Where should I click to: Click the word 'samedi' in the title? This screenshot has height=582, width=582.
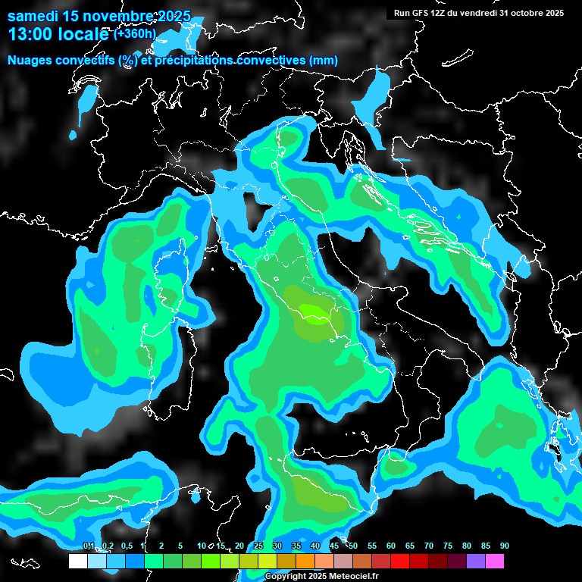tap(30, 16)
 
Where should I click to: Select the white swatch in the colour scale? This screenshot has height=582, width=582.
tap(77, 562)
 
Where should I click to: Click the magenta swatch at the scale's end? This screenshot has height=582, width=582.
tap(495, 562)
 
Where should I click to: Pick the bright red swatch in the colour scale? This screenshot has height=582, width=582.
tap(400, 562)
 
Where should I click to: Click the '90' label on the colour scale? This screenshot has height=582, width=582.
tap(504, 546)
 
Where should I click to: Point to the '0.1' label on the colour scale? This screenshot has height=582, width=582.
tap(89, 546)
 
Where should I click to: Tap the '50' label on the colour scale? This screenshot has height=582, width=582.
tap(352, 546)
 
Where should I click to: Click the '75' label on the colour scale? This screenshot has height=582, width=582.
tap(447, 546)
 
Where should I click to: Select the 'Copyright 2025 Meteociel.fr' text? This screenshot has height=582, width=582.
tap(321, 577)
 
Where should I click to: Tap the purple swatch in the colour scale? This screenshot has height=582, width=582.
tap(476, 562)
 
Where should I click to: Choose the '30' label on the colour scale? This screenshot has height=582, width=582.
tap(277, 546)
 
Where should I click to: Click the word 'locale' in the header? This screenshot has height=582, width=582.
tap(83, 34)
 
